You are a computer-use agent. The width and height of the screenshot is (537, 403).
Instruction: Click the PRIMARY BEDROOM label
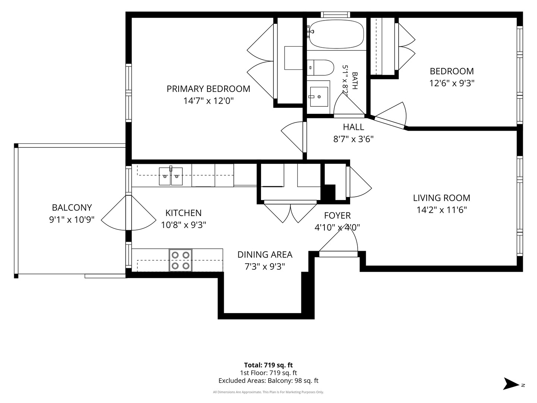208,89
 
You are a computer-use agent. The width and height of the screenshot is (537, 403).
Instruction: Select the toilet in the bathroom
320,68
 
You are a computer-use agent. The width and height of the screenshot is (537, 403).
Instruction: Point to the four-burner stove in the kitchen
180,260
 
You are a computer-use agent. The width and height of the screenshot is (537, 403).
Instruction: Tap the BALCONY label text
72,207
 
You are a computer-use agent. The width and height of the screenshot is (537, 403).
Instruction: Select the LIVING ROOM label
442,198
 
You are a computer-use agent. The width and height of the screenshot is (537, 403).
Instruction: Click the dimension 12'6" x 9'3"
452,83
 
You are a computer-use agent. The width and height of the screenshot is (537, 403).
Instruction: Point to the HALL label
353,127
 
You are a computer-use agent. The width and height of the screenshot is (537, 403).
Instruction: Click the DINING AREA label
265,254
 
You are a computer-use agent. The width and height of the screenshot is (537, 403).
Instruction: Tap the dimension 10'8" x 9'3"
183,225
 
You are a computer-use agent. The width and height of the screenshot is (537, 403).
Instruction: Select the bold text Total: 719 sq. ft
268,365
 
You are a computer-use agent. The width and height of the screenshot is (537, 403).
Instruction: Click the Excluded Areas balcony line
268,381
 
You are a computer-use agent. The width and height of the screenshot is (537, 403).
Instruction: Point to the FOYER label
337,216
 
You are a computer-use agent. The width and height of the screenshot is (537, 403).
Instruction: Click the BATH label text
355,81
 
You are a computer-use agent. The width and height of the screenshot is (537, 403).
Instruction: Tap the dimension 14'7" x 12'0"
209,101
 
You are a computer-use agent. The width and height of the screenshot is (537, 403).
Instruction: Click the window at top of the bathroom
335,15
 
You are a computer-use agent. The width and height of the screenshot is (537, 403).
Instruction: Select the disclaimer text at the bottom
268,392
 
